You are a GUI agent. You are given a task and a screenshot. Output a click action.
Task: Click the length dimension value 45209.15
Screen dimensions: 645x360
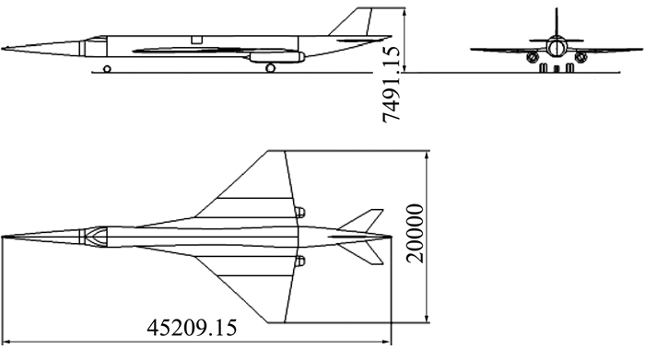pyautogui.click(x=192, y=328)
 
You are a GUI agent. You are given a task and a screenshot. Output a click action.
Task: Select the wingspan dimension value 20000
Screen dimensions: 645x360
pyautogui.click(x=415, y=233)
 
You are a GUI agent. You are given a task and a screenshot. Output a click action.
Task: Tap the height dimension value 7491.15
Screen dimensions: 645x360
pyautogui.click(x=392, y=85)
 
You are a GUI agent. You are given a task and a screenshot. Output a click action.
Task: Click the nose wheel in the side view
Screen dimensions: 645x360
pyautogui.click(x=107, y=69)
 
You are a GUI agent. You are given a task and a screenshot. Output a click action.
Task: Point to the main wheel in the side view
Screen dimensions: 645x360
pyautogui.click(x=270, y=68)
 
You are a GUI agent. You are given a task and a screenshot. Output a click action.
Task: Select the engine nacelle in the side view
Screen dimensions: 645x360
pyautogui.click(x=276, y=57)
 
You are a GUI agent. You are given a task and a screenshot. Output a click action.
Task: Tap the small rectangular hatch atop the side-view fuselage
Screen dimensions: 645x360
pyautogui.click(x=197, y=40)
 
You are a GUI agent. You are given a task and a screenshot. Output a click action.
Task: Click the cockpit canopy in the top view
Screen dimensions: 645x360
pyautogui.click(x=96, y=237)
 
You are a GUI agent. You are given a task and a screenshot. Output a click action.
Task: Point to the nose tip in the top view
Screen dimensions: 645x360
pyautogui.click(x=3, y=237)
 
